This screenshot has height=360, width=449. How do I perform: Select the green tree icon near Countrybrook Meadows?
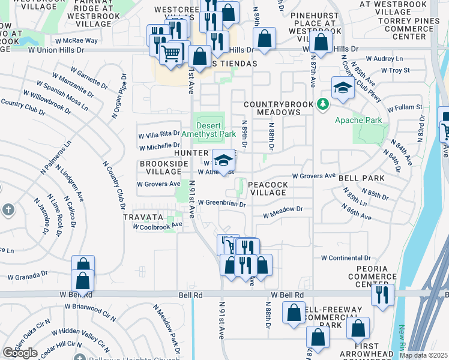coord(323,104)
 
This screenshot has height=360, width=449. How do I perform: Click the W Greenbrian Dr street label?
coord(222,204)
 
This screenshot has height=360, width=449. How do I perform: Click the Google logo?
coord(20,353)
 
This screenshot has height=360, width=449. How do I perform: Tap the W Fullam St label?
coord(405,108)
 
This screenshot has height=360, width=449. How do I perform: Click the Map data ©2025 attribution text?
coord(423,355)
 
